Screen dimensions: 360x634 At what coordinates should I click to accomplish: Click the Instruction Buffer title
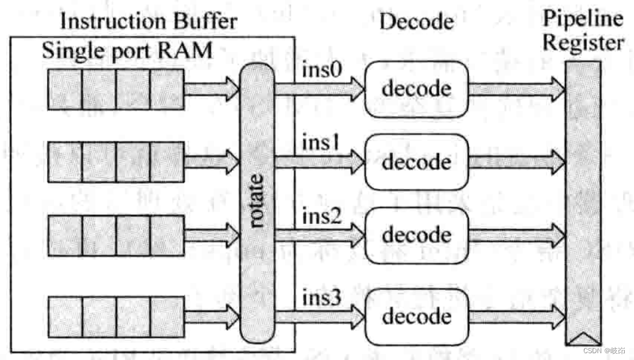coord(148,21)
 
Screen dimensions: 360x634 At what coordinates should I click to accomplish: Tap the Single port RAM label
coord(127,51)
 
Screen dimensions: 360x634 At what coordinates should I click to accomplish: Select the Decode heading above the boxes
coord(416,22)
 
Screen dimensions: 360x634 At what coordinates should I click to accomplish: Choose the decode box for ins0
coord(416,89)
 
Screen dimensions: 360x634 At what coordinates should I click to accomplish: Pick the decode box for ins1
coord(416,162)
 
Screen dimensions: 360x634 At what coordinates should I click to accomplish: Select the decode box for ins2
coord(416,235)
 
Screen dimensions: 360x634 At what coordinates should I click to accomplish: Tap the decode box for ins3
coord(416,316)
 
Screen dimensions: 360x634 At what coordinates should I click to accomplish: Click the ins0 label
coord(321,70)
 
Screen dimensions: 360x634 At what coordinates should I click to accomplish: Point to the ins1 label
coord(321,142)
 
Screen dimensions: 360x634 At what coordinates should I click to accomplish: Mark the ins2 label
coord(321,216)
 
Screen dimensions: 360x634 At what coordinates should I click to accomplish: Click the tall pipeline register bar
coord(583,204)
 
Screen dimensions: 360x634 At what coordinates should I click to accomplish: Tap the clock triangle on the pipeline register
coord(583,339)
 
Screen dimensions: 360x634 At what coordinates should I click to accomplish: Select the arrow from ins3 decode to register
coord(517,316)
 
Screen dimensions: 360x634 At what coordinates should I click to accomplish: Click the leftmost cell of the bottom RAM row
coord(65,316)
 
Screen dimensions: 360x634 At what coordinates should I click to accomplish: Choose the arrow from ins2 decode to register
coord(517,235)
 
